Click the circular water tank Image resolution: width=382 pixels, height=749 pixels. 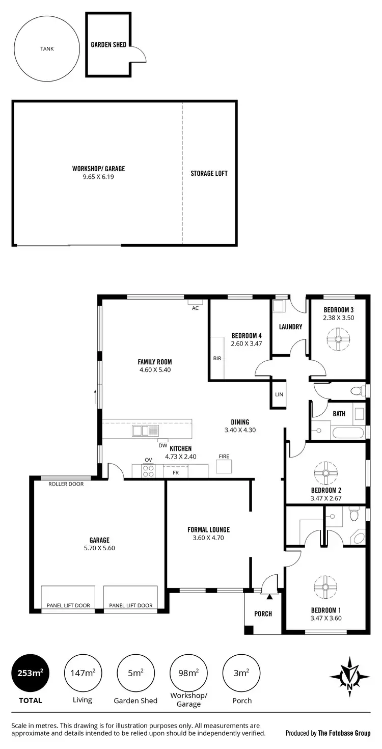[47, 49]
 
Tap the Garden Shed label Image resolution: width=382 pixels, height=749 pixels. [108, 45]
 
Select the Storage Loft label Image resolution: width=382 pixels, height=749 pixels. [209, 173]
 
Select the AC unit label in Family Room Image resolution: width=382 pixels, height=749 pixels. [195, 308]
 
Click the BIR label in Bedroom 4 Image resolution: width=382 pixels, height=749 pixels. [217, 358]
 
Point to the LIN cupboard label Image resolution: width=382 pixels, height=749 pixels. [279, 394]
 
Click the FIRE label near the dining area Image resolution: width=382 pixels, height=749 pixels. [224, 456]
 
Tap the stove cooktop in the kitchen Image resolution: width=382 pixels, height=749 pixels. [148, 471]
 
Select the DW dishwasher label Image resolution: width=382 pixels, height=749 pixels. [162, 445]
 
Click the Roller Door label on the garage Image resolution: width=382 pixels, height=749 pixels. [66, 484]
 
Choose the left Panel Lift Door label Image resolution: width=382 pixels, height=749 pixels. [68, 605]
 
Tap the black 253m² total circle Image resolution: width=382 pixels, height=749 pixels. [31, 673]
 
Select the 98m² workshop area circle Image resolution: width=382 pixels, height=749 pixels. [188, 673]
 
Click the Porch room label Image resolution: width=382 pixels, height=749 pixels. [263, 614]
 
